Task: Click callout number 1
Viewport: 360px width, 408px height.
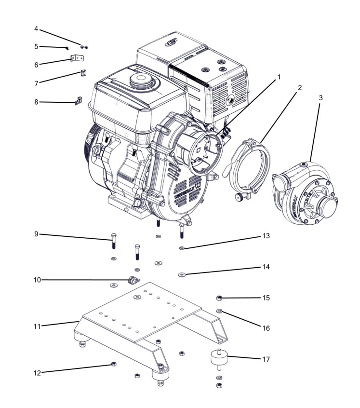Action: tap(279, 76)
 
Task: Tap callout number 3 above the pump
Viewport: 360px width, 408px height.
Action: tap(321, 97)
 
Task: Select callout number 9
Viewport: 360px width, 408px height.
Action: tap(36, 234)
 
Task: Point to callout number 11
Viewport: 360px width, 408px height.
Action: tap(36, 326)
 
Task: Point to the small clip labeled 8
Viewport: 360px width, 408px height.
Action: tap(78, 102)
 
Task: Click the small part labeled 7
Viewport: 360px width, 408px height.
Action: tap(83, 73)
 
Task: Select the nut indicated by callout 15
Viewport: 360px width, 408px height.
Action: tap(219, 297)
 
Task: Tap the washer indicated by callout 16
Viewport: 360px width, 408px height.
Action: tap(219, 311)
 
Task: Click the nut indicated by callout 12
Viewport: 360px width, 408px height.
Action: tap(113, 363)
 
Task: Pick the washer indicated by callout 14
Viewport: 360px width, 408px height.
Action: tap(181, 275)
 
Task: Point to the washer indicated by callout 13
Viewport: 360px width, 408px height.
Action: tap(181, 247)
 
